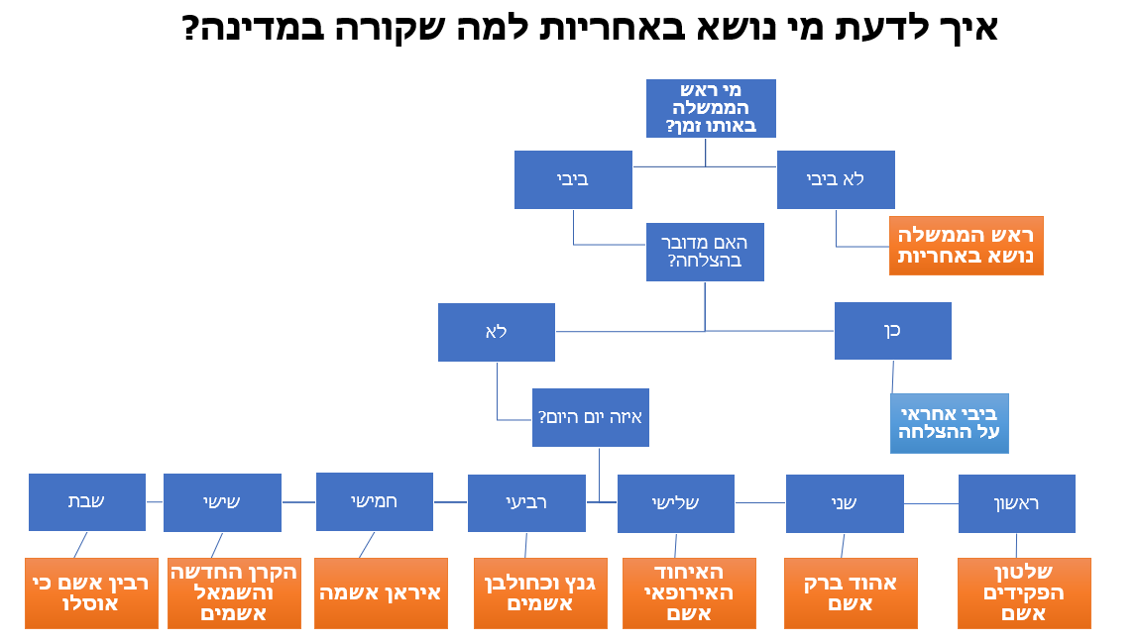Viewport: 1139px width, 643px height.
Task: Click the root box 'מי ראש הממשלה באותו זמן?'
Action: point(711,108)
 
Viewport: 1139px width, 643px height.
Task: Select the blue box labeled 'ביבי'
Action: point(573,179)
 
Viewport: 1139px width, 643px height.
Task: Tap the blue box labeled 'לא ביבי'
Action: point(836,179)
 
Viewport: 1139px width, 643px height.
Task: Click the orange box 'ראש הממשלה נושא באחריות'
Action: point(967,246)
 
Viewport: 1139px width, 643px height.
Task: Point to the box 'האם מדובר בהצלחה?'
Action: point(706,252)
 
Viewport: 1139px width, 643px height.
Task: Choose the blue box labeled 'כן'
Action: point(893,331)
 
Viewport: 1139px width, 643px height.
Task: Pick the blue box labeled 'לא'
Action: point(496,332)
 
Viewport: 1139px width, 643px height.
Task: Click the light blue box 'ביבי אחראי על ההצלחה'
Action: point(950,423)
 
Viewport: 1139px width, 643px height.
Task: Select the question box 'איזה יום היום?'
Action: point(591,417)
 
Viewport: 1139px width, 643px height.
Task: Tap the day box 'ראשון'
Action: point(1017,503)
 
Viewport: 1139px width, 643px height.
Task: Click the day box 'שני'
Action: point(845,503)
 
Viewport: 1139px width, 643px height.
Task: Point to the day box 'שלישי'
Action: point(675,503)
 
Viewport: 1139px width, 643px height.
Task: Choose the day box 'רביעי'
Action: point(526,503)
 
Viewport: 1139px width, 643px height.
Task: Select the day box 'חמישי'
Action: point(374,501)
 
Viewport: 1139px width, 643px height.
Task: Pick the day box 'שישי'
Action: point(222,502)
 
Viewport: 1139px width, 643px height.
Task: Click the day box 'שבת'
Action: point(87,502)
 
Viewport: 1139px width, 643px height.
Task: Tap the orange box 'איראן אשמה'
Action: point(381,592)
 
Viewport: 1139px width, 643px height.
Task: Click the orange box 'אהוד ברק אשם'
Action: point(851,592)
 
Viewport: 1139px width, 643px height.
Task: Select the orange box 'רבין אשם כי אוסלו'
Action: point(91,592)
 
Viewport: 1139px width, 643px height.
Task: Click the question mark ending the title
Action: point(190,28)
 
